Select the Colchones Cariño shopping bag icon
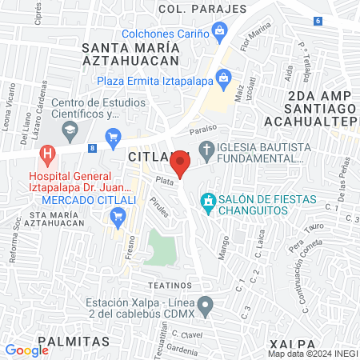220,32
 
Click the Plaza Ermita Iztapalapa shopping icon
222,78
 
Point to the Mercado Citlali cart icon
119,214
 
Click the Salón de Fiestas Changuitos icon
208,199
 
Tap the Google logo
26,350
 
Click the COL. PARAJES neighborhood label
202,9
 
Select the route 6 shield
318,20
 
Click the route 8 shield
93,147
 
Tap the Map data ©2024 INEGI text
311,354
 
